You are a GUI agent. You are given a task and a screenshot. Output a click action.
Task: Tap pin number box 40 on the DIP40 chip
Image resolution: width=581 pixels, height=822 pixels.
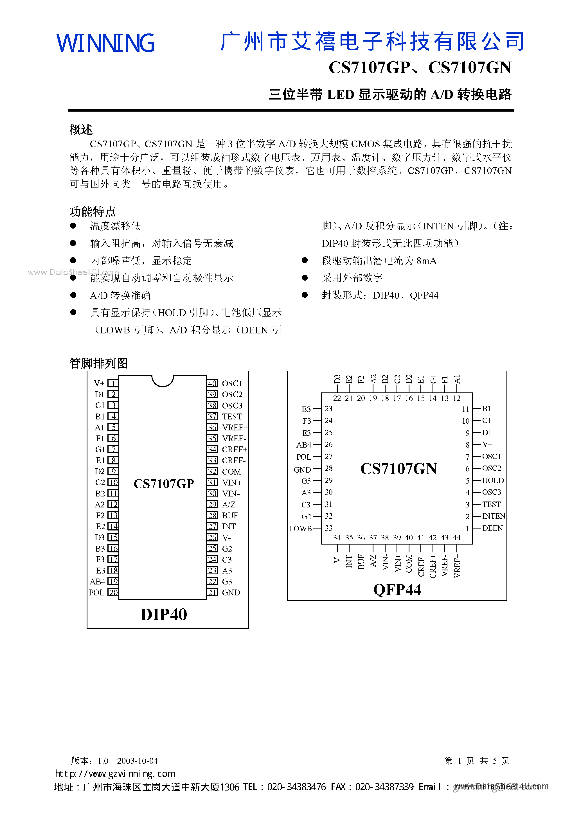point(212,383)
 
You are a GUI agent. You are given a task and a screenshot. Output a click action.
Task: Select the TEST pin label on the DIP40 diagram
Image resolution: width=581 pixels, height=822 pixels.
point(232,416)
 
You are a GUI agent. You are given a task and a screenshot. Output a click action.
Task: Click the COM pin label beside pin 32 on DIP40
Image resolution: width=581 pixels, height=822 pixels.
point(231,471)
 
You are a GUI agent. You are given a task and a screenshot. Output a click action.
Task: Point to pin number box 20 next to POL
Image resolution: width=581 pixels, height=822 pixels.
point(113,593)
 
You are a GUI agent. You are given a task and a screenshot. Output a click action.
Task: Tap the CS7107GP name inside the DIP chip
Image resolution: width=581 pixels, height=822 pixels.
point(164,484)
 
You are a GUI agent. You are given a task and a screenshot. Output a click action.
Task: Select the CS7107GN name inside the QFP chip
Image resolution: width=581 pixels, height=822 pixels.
point(398,469)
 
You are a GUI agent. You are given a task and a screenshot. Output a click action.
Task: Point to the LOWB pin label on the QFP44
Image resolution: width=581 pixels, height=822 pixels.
point(300,529)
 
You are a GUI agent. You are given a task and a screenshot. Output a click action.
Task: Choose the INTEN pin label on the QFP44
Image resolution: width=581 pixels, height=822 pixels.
point(494,516)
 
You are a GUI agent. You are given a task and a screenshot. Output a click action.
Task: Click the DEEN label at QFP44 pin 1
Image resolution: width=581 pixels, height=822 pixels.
point(492,529)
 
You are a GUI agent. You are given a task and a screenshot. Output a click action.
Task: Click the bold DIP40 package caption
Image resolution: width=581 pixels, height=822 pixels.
point(164,615)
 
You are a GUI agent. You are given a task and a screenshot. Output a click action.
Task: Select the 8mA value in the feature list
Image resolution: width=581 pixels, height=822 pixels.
point(426,261)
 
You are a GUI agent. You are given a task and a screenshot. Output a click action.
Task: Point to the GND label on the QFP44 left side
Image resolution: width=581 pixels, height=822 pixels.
point(302,470)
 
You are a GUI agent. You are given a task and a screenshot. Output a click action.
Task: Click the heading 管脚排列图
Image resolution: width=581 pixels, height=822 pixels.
point(98,363)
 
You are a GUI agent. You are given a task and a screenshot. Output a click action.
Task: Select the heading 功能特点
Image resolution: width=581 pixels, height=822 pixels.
point(93,212)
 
